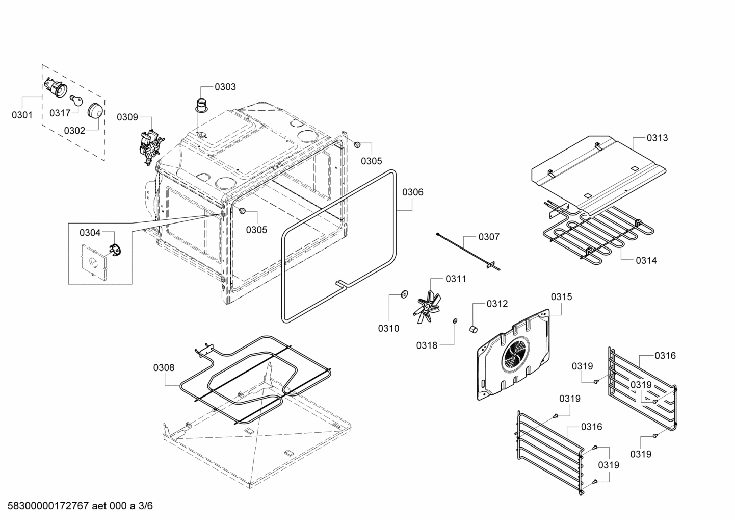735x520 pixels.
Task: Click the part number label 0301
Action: (x=22, y=115)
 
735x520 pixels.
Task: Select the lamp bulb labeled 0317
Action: (x=77, y=101)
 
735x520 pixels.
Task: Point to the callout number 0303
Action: (x=225, y=87)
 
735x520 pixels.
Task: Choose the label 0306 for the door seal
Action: (x=412, y=192)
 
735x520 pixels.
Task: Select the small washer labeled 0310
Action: (x=404, y=294)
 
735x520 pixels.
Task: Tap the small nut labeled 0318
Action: (x=454, y=321)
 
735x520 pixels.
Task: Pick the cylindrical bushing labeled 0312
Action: (x=474, y=329)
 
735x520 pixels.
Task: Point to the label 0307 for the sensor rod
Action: (x=489, y=237)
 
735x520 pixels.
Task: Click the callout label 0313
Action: (x=657, y=138)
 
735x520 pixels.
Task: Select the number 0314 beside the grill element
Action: (x=646, y=261)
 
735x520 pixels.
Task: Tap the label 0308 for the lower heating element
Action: (x=164, y=367)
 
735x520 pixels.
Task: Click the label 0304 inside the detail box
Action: (x=90, y=233)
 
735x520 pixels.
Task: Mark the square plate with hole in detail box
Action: (x=93, y=261)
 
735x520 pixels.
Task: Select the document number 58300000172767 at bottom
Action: (x=47, y=506)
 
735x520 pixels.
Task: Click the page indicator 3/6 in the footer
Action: (x=146, y=506)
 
